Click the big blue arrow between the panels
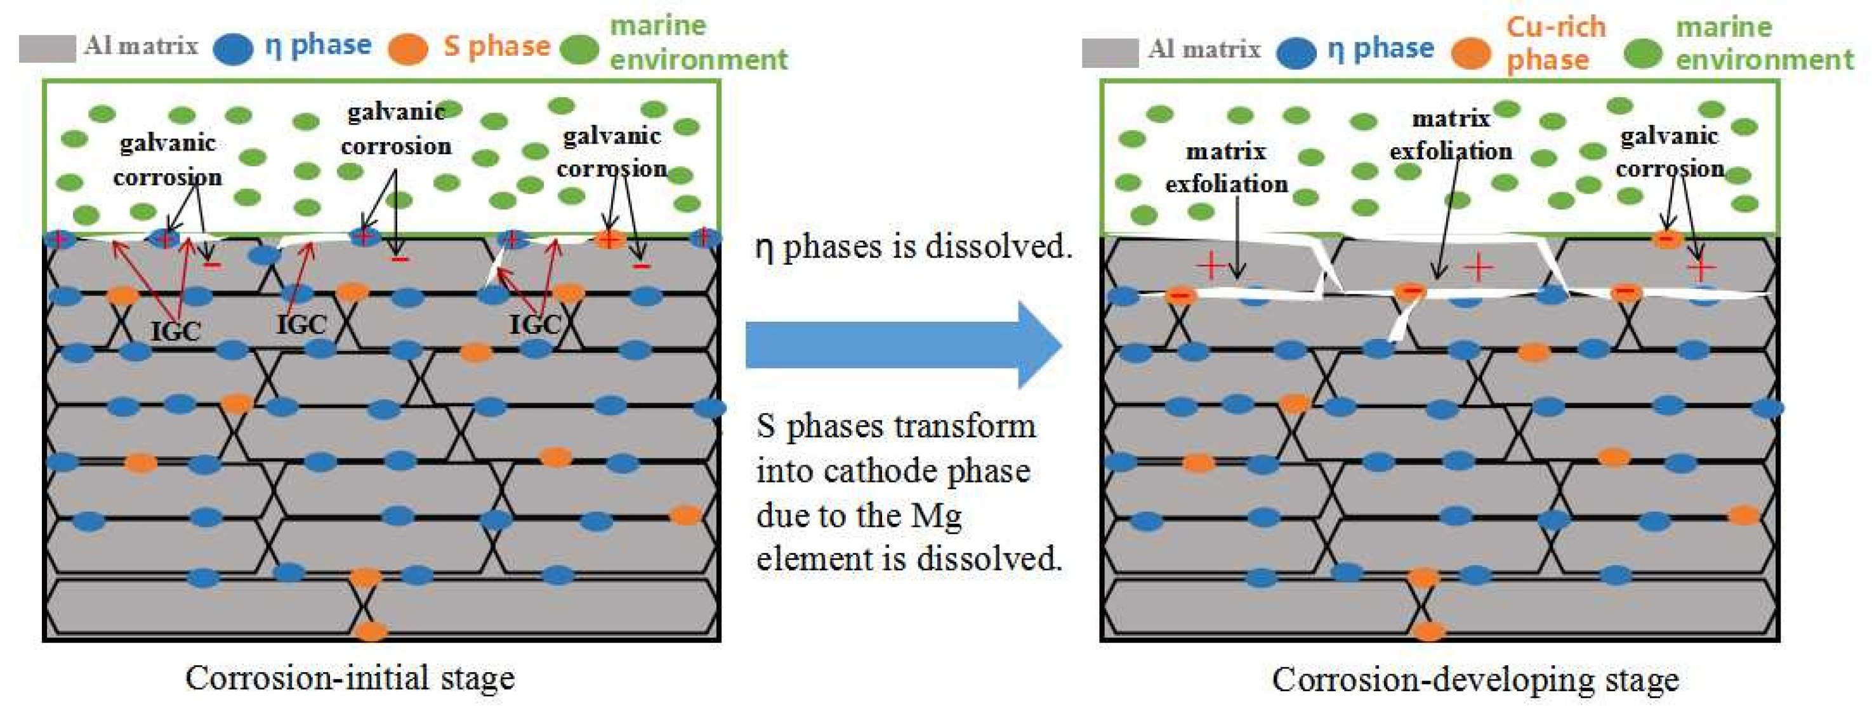point(901,345)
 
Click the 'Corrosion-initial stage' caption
point(350,678)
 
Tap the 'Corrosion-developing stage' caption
point(1475,680)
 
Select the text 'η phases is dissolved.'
point(913,247)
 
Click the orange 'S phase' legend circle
point(407,49)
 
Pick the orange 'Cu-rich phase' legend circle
point(1470,52)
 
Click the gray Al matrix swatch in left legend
point(46,48)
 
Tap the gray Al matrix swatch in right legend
point(1109,52)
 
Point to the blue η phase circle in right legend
point(1296,52)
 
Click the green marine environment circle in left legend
point(579,49)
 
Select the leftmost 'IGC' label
point(175,331)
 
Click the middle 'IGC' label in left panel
point(301,324)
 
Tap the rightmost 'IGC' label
point(535,324)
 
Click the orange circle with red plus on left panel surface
point(609,237)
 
